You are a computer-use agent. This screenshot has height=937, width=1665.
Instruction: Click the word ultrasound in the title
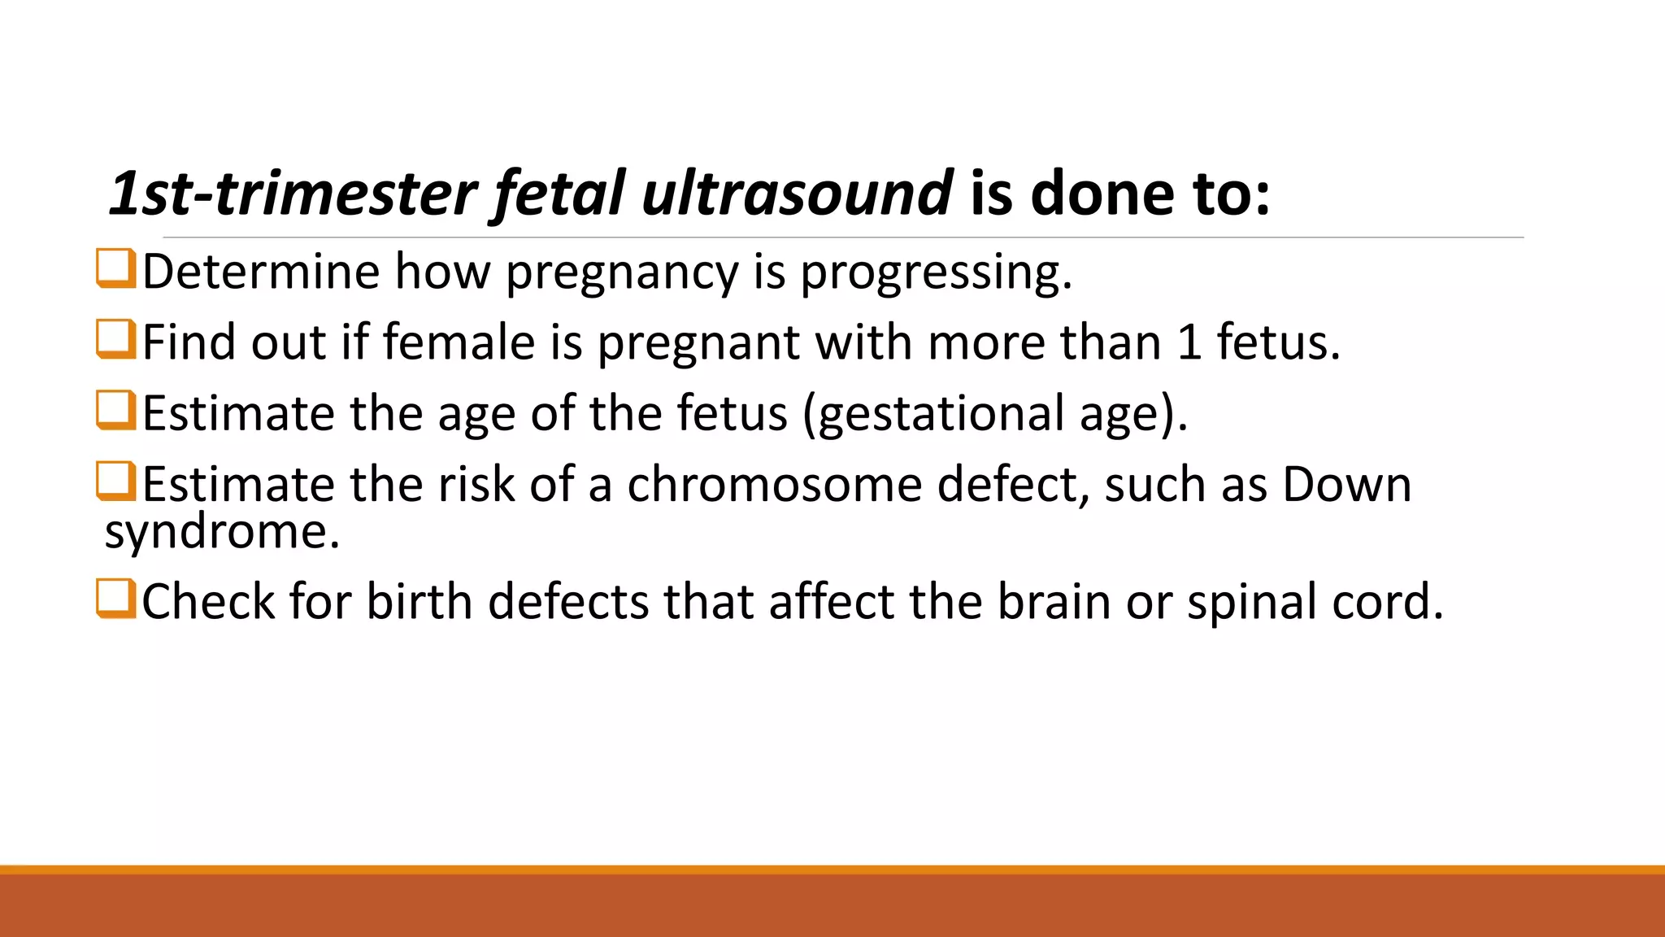point(797,194)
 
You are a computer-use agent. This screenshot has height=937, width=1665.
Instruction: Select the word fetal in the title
point(558,194)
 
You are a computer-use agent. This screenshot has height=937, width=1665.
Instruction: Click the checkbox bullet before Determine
point(115,268)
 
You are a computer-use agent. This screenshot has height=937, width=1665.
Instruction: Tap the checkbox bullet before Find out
point(115,339)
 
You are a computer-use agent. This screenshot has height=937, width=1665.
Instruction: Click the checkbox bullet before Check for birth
point(115,599)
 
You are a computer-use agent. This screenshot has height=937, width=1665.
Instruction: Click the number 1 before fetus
point(1189,342)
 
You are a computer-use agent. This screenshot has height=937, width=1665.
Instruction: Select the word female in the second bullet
point(459,342)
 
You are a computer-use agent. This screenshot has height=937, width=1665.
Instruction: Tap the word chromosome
point(775,485)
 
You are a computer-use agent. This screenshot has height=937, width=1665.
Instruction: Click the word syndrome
point(221,533)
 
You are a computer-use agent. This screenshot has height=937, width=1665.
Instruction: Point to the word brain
point(1054,602)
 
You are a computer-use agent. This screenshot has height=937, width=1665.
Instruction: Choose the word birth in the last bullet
point(419,602)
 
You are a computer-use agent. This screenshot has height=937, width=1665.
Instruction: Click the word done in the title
point(1102,194)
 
